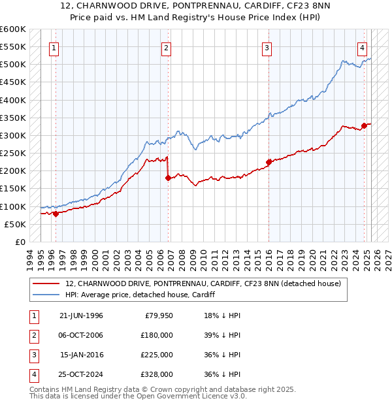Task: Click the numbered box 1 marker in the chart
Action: [53, 47]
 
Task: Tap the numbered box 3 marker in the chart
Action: [267, 47]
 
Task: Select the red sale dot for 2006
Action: [168, 178]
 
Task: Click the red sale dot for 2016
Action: [269, 162]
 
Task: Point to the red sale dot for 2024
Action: [364, 125]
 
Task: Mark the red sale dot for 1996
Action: [56, 213]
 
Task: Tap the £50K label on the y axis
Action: [14, 224]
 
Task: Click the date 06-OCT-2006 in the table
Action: [81, 334]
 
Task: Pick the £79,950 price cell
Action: [159, 315]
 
